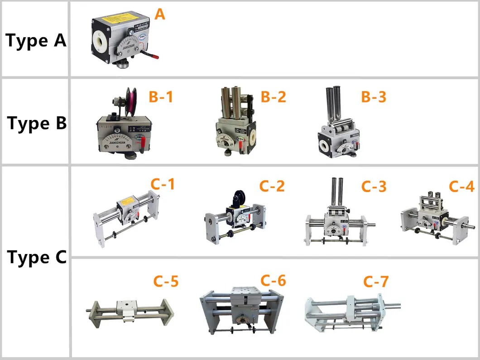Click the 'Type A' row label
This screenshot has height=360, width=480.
(36, 41)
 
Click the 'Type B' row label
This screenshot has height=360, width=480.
(37, 123)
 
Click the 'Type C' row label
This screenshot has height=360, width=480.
(37, 258)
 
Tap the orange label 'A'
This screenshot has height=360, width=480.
(160, 14)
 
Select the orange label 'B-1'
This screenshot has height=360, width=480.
(161, 96)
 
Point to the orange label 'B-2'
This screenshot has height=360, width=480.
(273, 96)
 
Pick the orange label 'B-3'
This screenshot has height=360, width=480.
(373, 96)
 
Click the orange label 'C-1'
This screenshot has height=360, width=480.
(162, 184)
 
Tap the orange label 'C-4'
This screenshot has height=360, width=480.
(461, 186)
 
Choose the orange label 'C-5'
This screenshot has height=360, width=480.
(166, 282)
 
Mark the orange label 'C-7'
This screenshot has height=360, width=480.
(376, 282)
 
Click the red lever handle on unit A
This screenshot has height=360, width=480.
(150, 57)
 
